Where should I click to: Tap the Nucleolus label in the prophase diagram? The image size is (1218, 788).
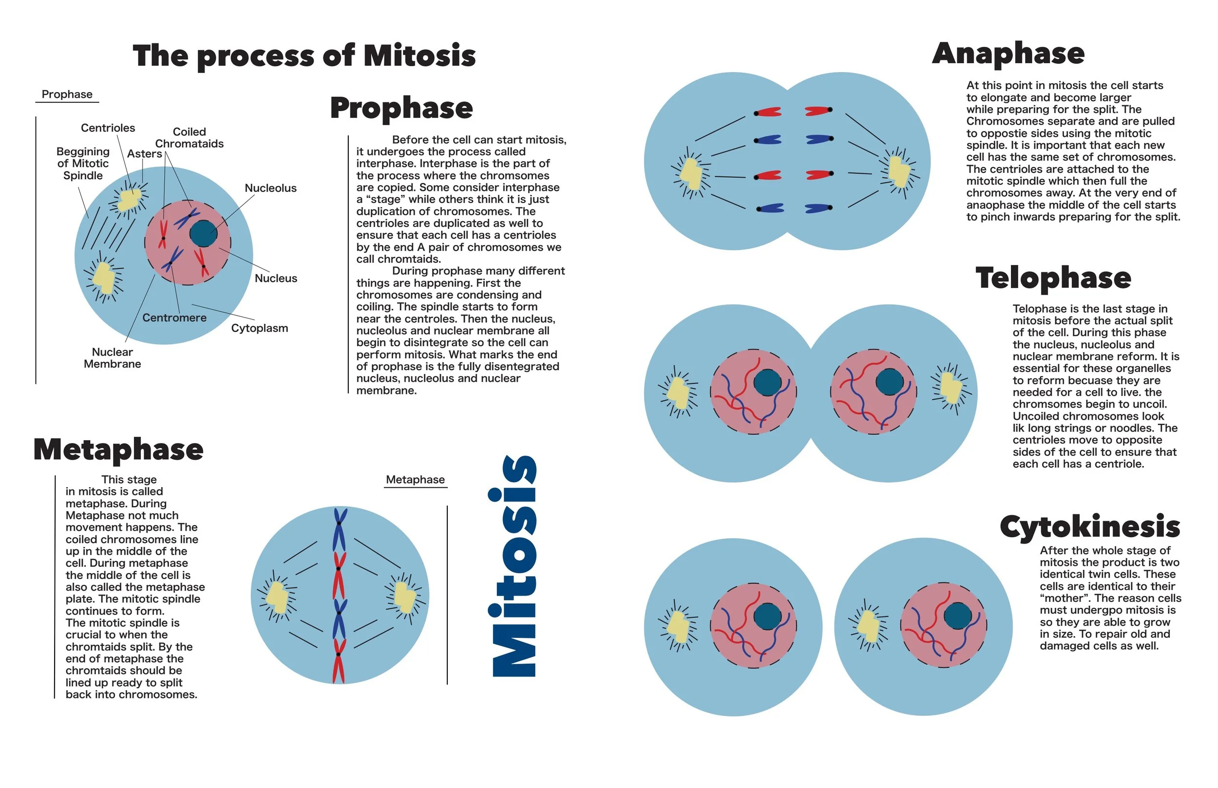[270, 188]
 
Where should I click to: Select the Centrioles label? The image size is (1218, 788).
[108, 128]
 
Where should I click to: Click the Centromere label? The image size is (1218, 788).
[174, 318]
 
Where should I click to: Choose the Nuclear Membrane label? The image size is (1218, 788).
[112, 357]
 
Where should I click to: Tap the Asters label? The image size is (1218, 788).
[144, 153]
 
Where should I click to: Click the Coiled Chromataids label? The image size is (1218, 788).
[190, 138]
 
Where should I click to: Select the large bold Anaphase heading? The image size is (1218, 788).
[1008, 54]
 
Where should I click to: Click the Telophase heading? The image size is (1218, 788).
[1053, 278]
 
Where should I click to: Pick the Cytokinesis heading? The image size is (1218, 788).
[1089, 526]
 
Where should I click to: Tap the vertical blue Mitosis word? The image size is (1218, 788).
[514, 566]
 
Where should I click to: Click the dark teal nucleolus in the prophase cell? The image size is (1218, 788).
[203, 234]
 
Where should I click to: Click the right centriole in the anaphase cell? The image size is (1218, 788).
[899, 171]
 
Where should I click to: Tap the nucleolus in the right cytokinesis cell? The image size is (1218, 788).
[957, 616]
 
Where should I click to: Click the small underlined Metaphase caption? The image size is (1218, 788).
[415, 479]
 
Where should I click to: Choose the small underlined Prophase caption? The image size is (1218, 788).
[67, 94]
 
